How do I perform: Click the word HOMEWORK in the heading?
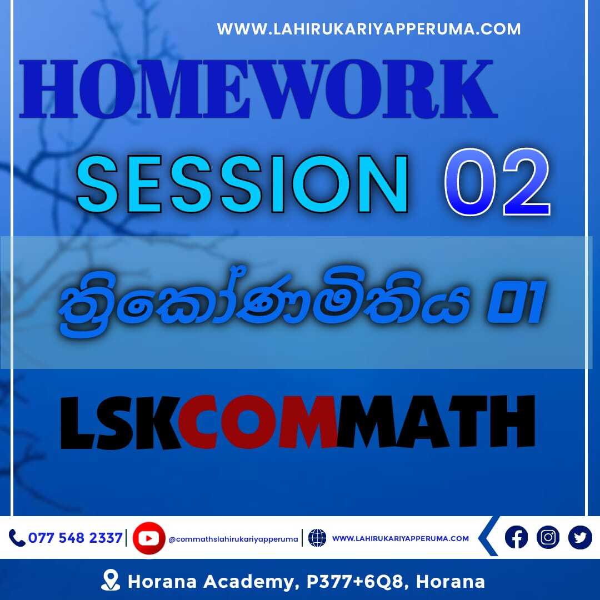click(258, 89)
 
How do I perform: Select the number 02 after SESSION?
click(497, 183)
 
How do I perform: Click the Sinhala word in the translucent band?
click(264, 301)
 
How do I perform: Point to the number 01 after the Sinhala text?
click(515, 302)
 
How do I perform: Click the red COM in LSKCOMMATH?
click(257, 422)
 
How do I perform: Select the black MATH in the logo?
click(436, 422)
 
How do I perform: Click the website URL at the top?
click(368, 29)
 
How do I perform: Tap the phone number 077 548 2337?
click(76, 538)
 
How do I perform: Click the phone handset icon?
click(17, 538)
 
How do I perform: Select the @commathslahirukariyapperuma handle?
click(233, 539)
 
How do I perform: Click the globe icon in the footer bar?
click(317, 538)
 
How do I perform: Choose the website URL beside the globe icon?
click(400, 538)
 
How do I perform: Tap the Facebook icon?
click(516, 537)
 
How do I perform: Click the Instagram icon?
click(548, 537)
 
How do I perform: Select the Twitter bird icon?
click(580, 537)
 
